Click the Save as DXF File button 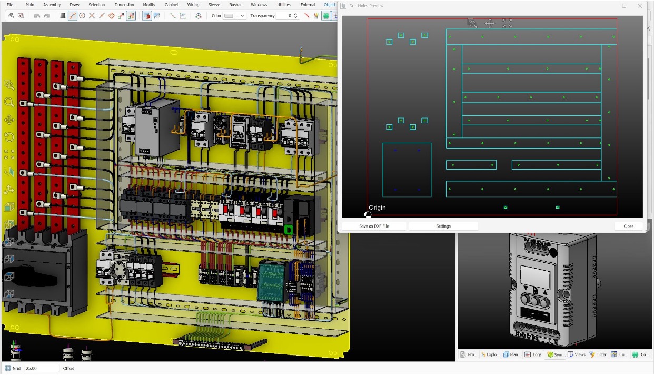pos(374,226)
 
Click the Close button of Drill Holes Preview pos(628,226)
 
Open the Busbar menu pos(235,5)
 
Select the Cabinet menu pos(171,5)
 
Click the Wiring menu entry pos(193,5)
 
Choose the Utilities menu pos(283,5)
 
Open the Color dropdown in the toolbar pos(234,16)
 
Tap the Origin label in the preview pos(377,208)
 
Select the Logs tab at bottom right pos(534,354)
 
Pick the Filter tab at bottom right pos(598,354)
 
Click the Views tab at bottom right pos(576,354)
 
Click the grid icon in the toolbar pos(63,16)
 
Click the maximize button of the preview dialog pos(624,6)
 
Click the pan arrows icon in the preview pos(490,23)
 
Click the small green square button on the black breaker pos(288,230)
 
